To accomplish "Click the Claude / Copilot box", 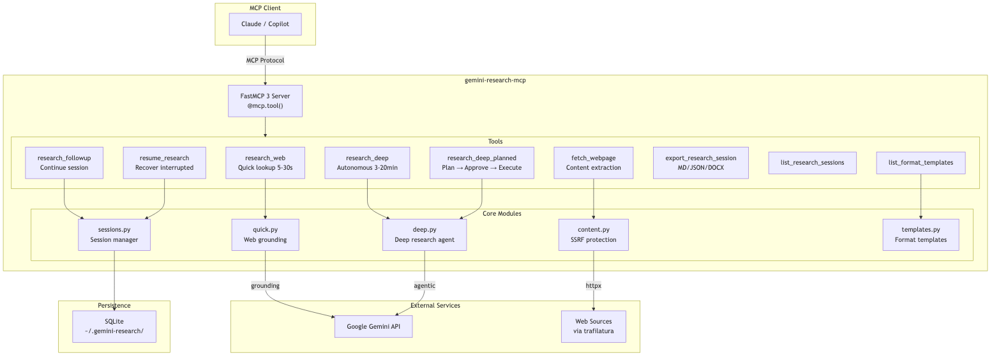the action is pos(265,24).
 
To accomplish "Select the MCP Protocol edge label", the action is pos(265,60).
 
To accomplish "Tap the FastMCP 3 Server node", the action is pos(265,101).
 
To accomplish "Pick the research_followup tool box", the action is pos(64,163).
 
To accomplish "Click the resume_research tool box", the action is pos(165,163).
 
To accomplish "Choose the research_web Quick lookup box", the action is pos(265,163).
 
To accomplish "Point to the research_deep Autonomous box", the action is pos(367,163).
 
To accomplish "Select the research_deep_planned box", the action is pos(482,163).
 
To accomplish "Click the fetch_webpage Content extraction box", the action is pos(594,163).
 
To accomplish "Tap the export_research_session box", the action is pos(701,163).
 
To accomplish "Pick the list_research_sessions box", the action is pos(813,163).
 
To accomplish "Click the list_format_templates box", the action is pos(921,163).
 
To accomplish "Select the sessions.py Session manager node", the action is pos(114,235).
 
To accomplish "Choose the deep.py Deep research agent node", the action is pos(425,235).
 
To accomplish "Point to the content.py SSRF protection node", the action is pos(594,235).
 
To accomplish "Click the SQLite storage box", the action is pos(114,327).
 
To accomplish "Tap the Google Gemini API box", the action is pos(373,327).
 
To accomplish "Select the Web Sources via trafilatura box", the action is pos(594,327).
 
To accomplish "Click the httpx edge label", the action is pos(594,286).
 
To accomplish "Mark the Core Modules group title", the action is pos(502,213).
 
